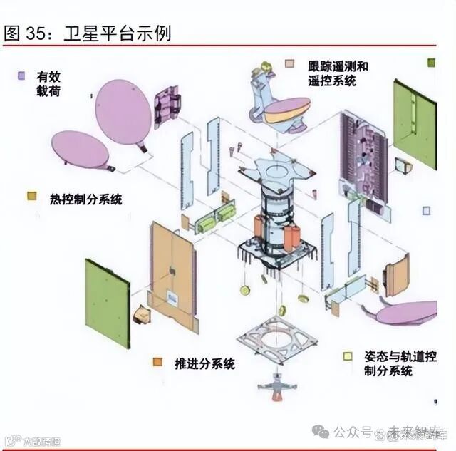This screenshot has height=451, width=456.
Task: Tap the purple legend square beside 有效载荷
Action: pos(22,74)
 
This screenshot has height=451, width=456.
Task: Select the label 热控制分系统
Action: pos(85,199)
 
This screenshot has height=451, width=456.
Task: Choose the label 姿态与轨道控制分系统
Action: pos(399,363)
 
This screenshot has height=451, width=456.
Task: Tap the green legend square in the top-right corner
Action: pos(430,63)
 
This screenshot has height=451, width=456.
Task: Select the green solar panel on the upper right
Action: pos(415,125)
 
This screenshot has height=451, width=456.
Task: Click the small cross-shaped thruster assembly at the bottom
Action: pos(276,388)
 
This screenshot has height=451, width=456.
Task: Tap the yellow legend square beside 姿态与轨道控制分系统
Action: pos(348,356)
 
